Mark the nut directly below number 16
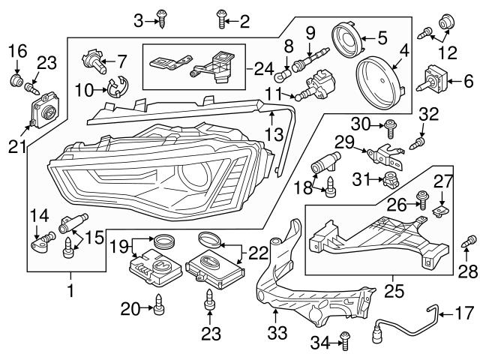coord(16,79)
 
